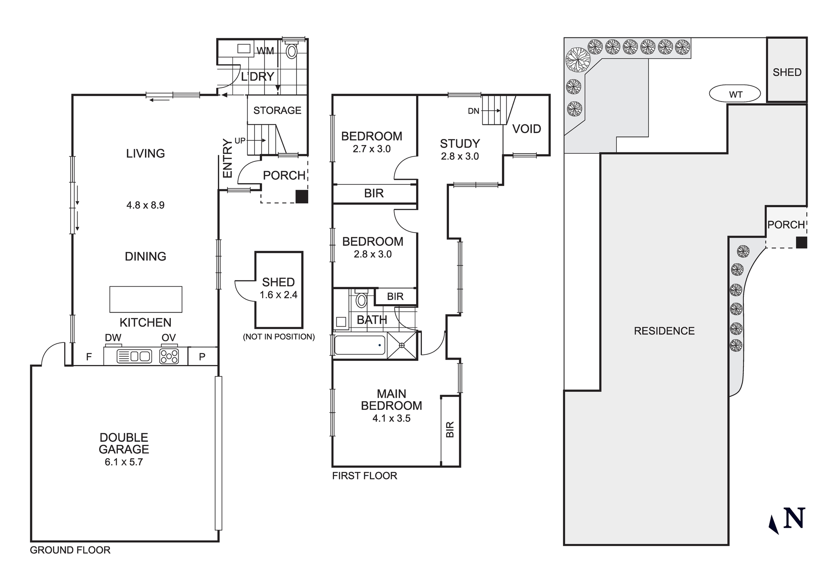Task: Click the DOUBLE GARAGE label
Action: [124, 444]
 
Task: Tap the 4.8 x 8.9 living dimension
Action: [145, 205]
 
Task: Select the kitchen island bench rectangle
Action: [146, 299]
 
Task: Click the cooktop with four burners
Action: [169, 357]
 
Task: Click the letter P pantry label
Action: [202, 357]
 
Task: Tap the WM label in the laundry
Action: [265, 51]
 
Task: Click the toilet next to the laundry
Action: [292, 51]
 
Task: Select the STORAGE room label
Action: [277, 110]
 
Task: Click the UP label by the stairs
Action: [240, 141]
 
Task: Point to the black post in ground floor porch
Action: [302, 197]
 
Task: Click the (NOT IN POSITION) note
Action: [279, 337]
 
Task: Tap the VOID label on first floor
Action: [526, 129]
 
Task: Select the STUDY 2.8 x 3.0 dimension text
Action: [460, 156]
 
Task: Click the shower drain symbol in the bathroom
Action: [402, 345]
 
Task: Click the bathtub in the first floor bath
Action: [359, 345]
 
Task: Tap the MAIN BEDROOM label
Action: [391, 399]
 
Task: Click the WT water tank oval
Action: [735, 94]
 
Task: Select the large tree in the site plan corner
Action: [578, 60]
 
